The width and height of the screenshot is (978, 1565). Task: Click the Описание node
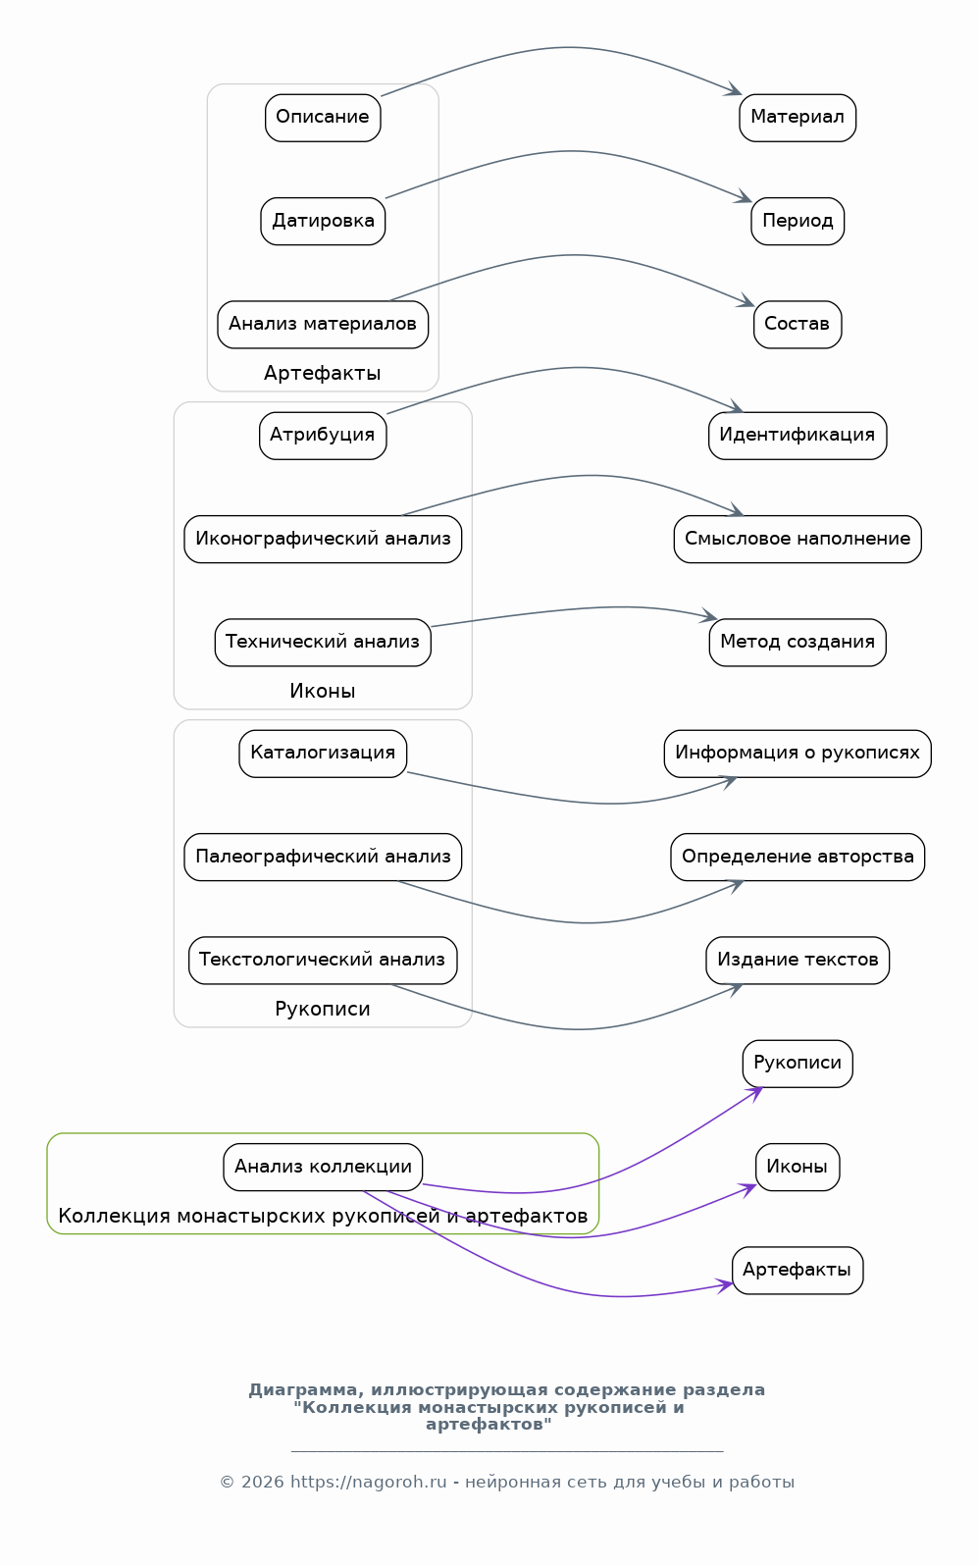tap(323, 118)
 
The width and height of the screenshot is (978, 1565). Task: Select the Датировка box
tap(323, 221)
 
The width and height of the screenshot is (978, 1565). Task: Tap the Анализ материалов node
tap(323, 324)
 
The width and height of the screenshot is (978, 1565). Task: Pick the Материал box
tap(798, 118)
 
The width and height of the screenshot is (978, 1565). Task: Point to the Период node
tap(798, 221)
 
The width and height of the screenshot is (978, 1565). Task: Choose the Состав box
tap(798, 324)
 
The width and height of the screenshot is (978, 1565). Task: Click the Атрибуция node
tap(323, 436)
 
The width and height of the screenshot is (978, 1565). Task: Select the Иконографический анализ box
tap(323, 539)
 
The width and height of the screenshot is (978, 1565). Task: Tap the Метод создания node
tap(798, 642)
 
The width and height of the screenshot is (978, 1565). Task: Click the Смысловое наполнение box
tap(798, 539)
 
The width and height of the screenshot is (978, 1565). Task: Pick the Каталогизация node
tap(323, 754)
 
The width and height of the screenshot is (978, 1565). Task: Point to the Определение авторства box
tap(798, 857)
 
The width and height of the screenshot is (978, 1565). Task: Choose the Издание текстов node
tap(798, 960)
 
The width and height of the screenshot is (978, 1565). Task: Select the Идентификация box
tap(798, 436)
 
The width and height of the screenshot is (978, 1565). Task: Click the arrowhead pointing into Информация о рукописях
tap(729, 782)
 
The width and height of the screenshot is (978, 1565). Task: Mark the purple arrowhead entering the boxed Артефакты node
tap(725, 1285)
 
